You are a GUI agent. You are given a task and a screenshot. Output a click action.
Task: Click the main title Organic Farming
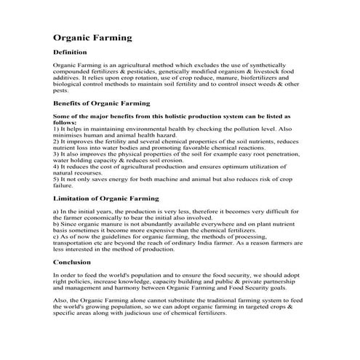93,36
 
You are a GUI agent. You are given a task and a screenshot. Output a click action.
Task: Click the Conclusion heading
73,262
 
